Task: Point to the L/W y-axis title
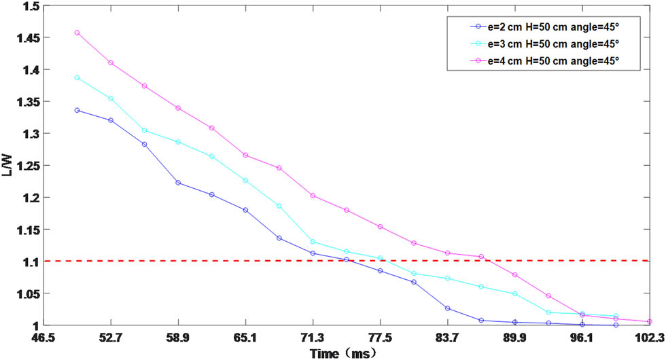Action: [7, 166]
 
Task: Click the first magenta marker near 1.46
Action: [77, 33]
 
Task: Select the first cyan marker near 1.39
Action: [77, 77]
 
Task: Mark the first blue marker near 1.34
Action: [77, 110]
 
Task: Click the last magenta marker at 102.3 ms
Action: [650, 321]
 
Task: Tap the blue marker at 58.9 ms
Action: [178, 183]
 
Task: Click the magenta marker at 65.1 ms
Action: [245, 155]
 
